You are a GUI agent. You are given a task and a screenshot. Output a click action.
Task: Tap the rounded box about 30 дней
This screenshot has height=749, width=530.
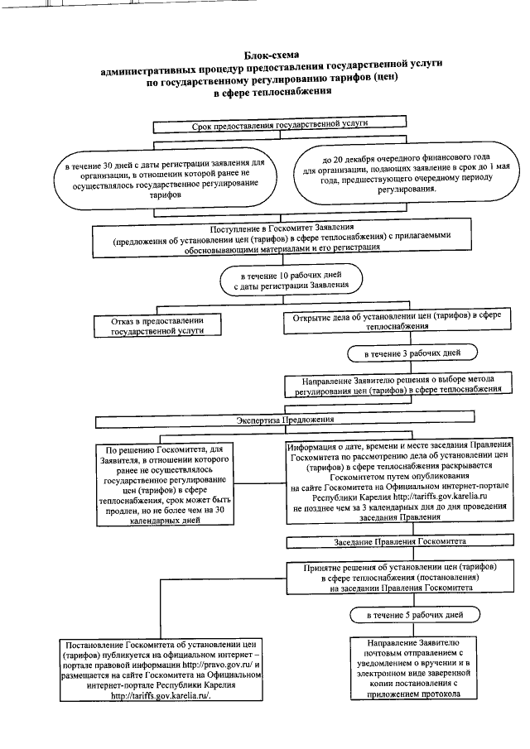(x=166, y=175)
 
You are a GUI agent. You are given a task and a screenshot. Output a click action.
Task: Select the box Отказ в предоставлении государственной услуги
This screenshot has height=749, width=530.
(x=150, y=324)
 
